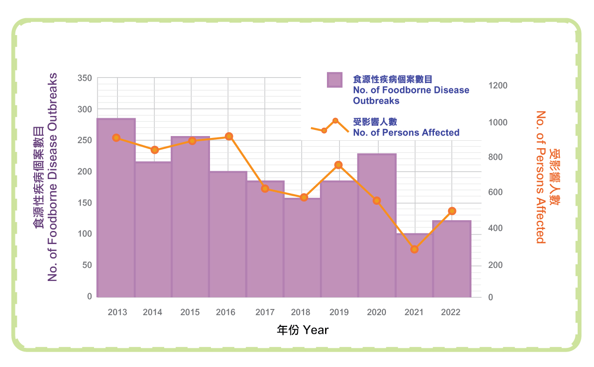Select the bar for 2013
tap(116, 208)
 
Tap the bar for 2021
tap(414, 265)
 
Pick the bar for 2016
tap(228, 234)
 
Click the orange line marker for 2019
tap(339, 165)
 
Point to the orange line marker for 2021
tap(414, 249)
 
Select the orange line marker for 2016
tap(229, 137)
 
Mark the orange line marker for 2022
tap(452, 211)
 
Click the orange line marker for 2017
tap(265, 188)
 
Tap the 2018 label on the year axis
tap(301, 312)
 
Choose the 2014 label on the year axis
tap(152, 312)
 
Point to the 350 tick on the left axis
tap(84, 78)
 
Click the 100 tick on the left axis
tap(84, 234)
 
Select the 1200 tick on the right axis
tap(498, 86)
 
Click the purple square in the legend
tap(334, 80)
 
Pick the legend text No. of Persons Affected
tap(406, 133)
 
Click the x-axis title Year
tap(303, 330)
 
